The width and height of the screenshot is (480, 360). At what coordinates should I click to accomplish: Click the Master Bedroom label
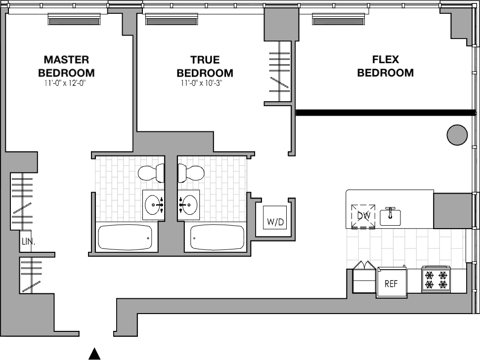pyautogui.click(x=66, y=66)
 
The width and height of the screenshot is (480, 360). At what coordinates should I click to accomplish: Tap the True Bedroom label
pyautogui.click(x=205, y=66)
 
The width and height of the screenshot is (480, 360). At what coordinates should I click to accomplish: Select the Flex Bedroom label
pyautogui.click(x=386, y=66)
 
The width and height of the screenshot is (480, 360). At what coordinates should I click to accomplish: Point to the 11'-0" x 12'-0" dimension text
pyautogui.click(x=65, y=83)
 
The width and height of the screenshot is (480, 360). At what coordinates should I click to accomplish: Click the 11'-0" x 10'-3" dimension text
pyautogui.click(x=201, y=83)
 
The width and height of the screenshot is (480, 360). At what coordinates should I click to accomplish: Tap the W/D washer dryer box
pyautogui.click(x=275, y=217)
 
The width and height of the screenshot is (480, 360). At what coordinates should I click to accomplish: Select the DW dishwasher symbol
pyautogui.click(x=363, y=216)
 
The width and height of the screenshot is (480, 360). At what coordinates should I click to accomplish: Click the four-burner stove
pyautogui.click(x=436, y=280)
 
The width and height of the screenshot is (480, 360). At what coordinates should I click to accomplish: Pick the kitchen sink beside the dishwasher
pyautogui.click(x=391, y=217)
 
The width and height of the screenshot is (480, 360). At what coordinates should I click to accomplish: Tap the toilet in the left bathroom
pyautogui.click(x=151, y=173)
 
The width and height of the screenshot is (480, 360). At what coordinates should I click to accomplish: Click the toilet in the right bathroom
pyautogui.click(x=191, y=173)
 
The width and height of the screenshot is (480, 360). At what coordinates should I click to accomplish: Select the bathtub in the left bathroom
pyautogui.click(x=125, y=238)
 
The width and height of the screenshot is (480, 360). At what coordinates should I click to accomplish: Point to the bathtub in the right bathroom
pyautogui.click(x=217, y=238)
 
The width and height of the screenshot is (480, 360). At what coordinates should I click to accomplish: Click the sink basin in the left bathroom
pyautogui.click(x=154, y=204)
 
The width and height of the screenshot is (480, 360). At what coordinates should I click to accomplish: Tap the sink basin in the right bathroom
pyautogui.click(x=188, y=204)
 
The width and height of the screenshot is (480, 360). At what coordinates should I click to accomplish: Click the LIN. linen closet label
pyautogui.click(x=28, y=241)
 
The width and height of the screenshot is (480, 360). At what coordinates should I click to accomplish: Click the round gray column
pyautogui.click(x=457, y=135)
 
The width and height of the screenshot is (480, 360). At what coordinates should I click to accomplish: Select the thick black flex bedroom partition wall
pyautogui.click(x=386, y=113)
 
